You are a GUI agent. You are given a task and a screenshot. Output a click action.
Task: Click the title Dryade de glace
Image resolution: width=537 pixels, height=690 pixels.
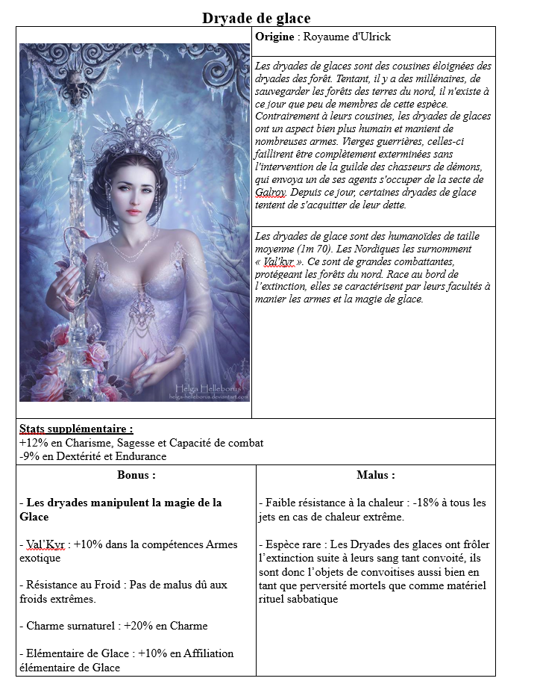[256, 18]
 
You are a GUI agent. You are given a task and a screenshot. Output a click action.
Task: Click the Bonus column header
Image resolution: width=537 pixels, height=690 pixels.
[136, 475]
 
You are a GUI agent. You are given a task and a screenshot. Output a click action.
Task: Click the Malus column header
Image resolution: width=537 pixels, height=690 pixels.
[376, 475]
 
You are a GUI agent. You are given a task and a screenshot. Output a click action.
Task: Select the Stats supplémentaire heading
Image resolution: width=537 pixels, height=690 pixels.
[76, 429]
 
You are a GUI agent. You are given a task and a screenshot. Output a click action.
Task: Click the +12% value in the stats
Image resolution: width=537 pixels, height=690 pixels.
[33, 443]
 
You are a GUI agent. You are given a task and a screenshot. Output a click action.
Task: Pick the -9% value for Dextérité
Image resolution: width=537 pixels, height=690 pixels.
[30, 456]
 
